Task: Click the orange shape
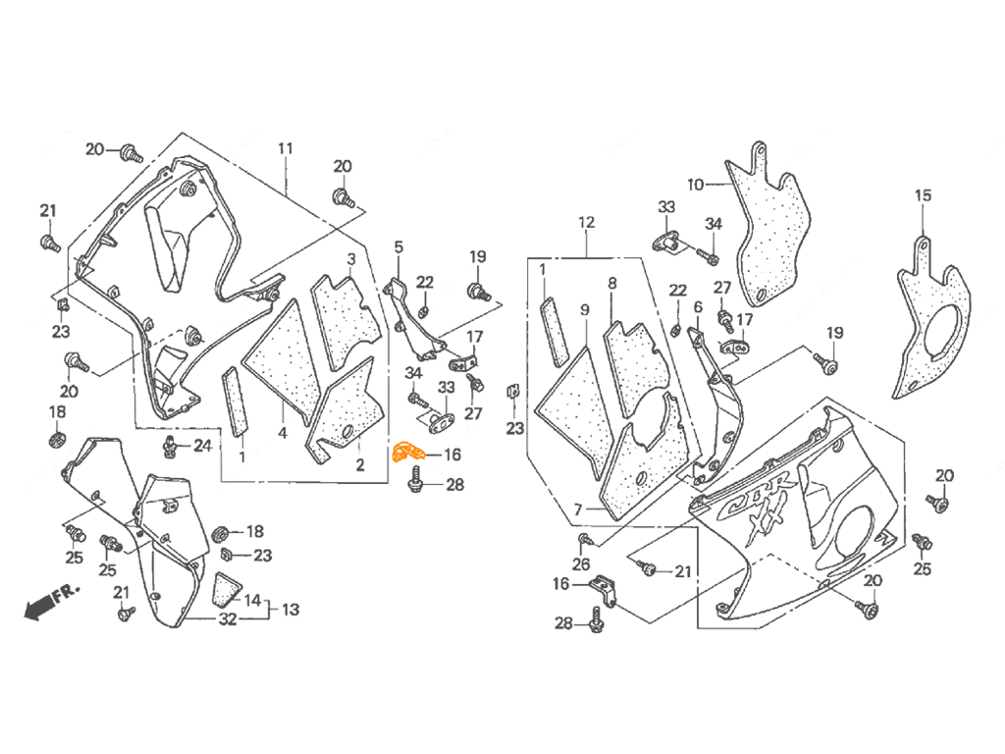[408, 449]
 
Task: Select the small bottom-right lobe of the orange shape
[424, 460]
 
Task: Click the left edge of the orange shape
[392, 453]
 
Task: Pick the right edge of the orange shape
[427, 450]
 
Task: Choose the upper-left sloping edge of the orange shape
[398, 434]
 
